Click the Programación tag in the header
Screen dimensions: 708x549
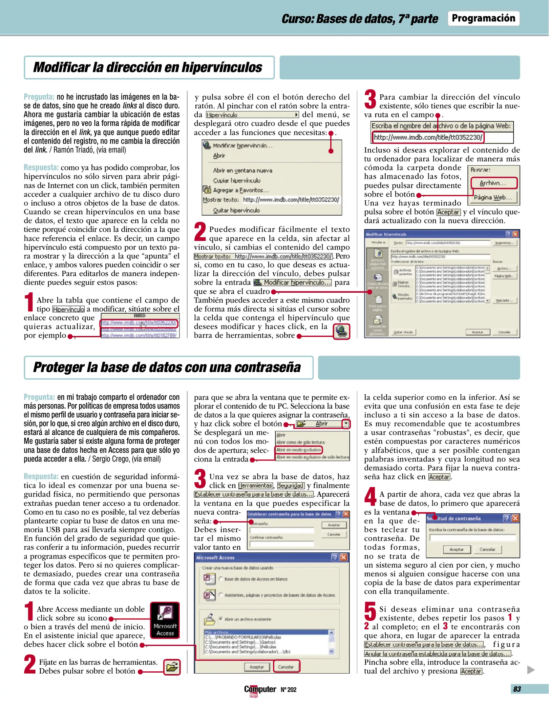[x=483, y=18]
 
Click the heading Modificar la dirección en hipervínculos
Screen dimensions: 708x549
[x=148, y=67]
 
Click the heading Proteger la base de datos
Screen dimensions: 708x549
[x=167, y=367]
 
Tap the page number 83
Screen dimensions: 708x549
[x=517, y=689]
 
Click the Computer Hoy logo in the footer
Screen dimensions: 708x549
[x=260, y=690]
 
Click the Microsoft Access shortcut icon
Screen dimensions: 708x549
[x=165, y=620]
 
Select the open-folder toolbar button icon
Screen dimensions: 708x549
[x=172, y=667]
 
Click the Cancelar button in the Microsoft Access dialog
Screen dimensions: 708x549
[x=286, y=667]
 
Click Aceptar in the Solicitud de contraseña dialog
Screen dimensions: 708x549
[x=456, y=549]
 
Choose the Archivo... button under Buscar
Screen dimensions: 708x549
[x=493, y=183]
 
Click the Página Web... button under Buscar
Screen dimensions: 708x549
[x=493, y=197]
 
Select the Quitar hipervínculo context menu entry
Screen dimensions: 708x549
[x=236, y=210]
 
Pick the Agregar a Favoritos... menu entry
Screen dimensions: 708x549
[x=241, y=190]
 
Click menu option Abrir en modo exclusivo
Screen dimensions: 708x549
[x=298, y=450]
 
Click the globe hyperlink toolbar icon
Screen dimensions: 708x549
[x=341, y=331]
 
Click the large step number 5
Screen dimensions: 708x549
[x=370, y=611]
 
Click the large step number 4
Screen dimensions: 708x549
[x=370, y=496]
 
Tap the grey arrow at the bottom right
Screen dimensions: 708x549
[x=531, y=670]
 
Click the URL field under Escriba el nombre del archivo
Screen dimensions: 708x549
[x=428, y=137]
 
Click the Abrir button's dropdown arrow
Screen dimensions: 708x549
[x=346, y=423]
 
